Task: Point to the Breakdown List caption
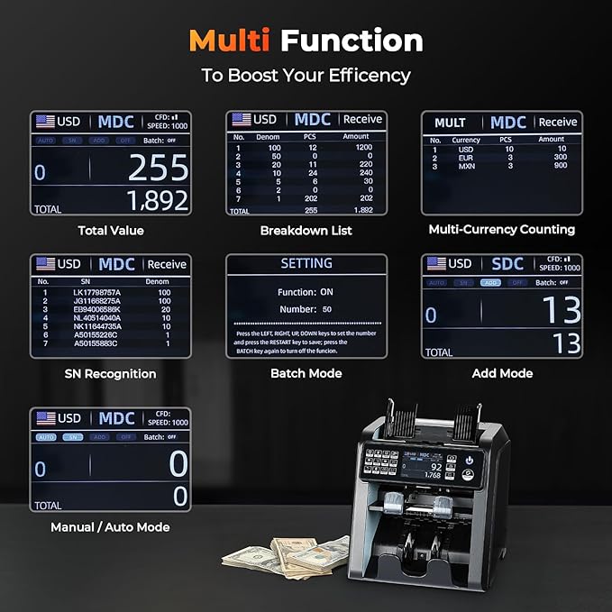(x=306, y=231)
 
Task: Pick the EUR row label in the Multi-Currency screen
(x=466, y=157)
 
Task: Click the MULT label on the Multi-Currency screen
(x=450, y=123)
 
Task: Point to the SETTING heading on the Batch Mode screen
(x=306, y=264)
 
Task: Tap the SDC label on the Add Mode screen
(x=507, y=264)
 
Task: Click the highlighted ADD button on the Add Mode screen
(x=491, y=282)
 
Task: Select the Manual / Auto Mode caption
(x=110, y=527)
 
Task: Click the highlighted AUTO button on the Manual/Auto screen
(x=46, y=437)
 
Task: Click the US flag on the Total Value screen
(x=45, y=121)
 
